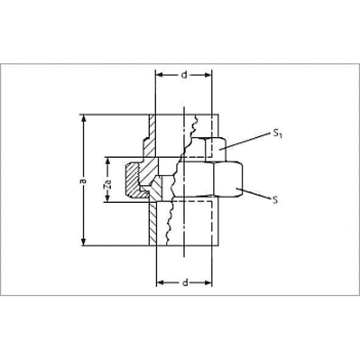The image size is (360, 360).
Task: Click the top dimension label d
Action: point(184,74)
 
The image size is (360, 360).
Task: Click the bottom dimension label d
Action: point(185,283)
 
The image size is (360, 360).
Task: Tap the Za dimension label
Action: point(107,183)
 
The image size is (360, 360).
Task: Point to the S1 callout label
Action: point(277,133)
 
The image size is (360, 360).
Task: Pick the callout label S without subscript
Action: point(275,200)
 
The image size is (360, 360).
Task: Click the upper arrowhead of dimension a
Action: point(83,118)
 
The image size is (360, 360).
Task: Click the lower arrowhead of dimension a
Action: point(83,242)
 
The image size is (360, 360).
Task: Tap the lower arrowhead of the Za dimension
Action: point(107,198)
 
